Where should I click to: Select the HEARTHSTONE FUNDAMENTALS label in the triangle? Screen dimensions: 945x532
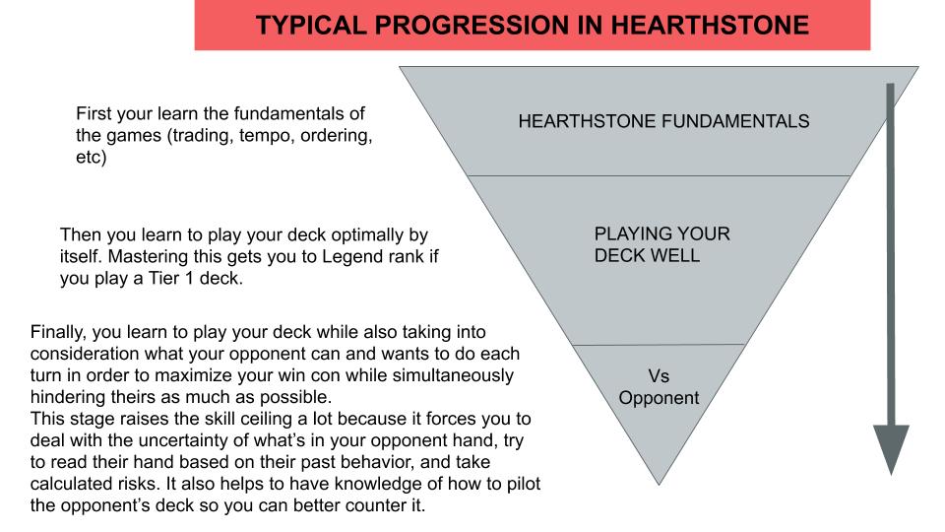(x=663, y=122)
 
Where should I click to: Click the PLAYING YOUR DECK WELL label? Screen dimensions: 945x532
(x=661, y=245)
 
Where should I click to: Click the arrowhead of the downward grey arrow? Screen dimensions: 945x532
(x=891, y=446)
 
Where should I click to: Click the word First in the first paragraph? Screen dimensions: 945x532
(x=94, y=113)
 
